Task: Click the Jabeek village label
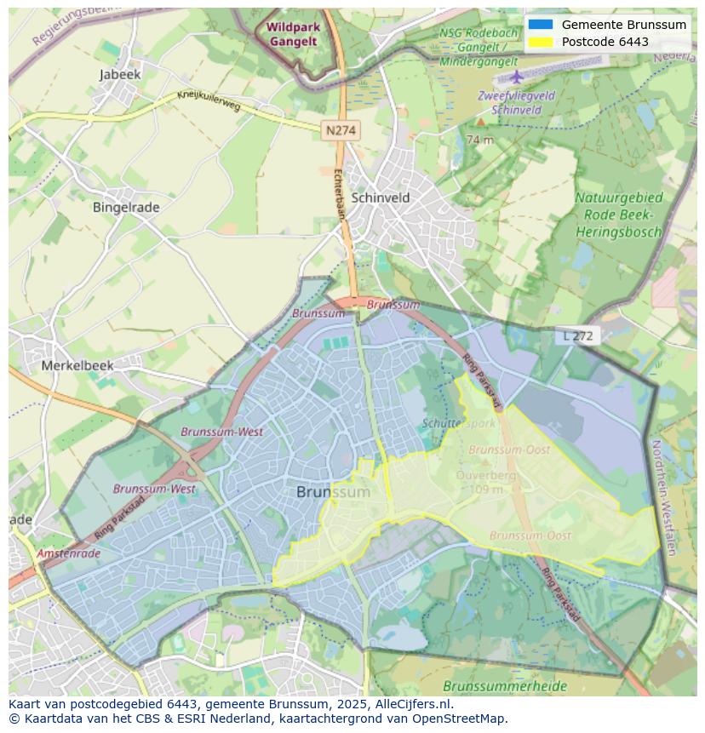tap(120, 75)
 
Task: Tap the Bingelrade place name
tap(126, 207)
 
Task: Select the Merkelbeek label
tap(77, 365)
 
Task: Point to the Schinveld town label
tap(381, 198)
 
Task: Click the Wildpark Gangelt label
tap(293, 34)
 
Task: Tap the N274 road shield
tap(341, 130)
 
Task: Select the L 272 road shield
tap(578, 336)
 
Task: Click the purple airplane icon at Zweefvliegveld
tap(517, 77)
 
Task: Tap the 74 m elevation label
tap(480, 140)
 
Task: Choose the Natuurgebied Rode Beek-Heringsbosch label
tap(619, 215)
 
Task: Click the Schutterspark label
tap(458, 423)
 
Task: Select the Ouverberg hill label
tap(486, 476)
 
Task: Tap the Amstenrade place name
tap(68, 553)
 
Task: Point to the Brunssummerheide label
tap(492, 685)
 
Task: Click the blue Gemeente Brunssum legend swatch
tap(540, 25)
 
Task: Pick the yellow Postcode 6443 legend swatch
tap(540, 42)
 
